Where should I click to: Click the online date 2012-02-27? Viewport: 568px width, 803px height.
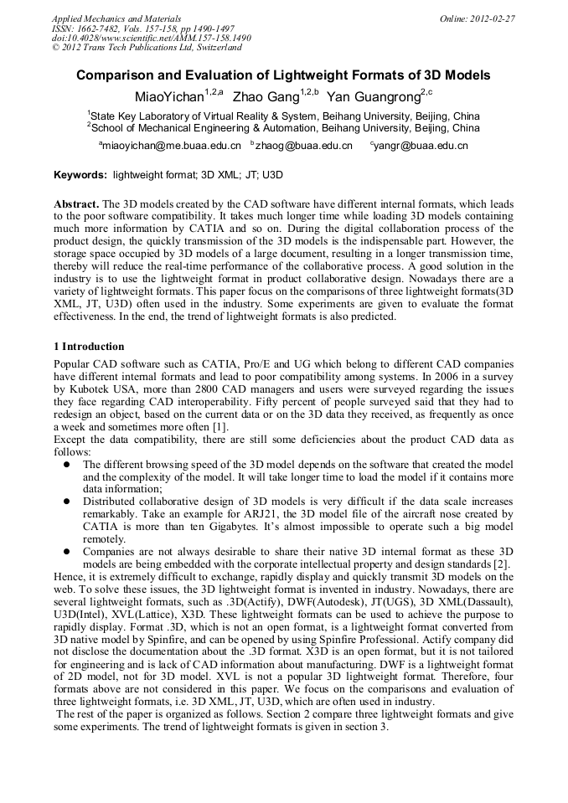481,18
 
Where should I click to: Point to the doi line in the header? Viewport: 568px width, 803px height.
152,38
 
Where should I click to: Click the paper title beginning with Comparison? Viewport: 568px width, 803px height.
283,75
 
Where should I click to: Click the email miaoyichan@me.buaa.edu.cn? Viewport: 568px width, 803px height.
173,146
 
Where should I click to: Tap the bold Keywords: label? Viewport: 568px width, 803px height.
80,176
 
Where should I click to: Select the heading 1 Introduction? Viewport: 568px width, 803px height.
89,347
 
